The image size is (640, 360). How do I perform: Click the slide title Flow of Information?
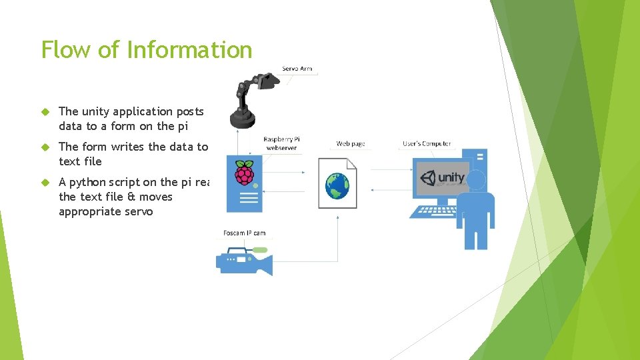(x=147, y=50)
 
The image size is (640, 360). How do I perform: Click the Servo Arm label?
(x=297, y=69)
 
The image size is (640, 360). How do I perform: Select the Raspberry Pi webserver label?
(x=281, y=143)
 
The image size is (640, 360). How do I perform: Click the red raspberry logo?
(x=245, y=173)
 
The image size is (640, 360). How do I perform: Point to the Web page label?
(x=350, y=144)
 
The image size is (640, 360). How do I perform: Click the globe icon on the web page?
(x=337, y=185)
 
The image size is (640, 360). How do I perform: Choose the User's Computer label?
(x=427, y=144)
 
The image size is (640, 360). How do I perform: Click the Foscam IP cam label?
(x=244, y=233)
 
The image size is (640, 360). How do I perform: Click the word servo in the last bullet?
(x=139, y=212)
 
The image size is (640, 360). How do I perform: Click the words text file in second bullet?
(x=80, y=161)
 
